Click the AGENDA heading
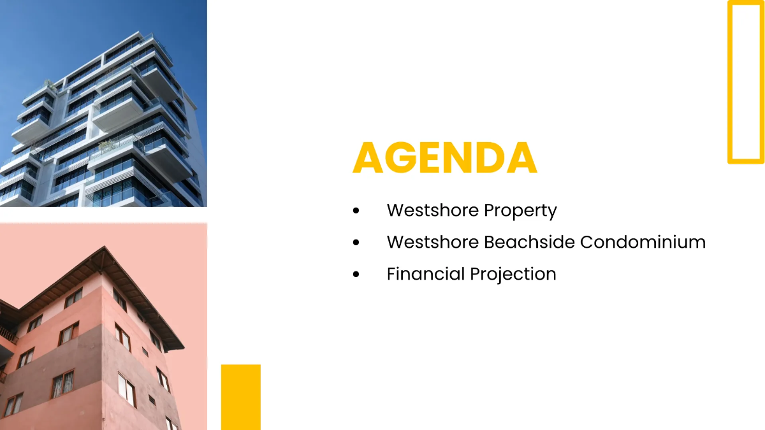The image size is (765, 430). coord(444,158)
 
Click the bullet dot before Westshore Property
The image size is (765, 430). coord(356,211)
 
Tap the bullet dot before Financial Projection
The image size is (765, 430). coord(356,275)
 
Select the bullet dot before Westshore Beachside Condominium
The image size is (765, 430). coord(356,243)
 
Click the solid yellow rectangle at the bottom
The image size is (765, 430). coord(241,397)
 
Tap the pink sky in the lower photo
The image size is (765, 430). coord(38,255)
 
